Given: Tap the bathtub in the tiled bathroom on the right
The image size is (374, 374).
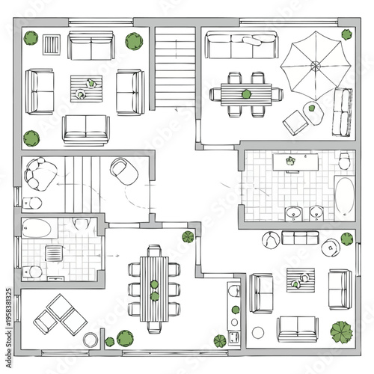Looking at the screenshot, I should [x=343, y=196].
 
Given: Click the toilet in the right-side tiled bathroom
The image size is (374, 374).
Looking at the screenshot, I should [x=343, y=160].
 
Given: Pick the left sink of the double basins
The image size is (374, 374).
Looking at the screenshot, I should [x=293, y=215].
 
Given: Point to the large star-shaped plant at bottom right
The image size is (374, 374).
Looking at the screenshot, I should [x=341, y=331].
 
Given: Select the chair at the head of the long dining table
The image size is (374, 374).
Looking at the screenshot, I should [x=154, y=251].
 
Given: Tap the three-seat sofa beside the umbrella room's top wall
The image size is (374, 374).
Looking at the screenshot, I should [x=230, y=46].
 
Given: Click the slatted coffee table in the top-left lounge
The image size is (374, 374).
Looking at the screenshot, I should [x=85, y=88].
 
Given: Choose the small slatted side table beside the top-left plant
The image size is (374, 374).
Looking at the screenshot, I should [x=52, y=46].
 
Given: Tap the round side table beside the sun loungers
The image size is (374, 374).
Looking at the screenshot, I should [x=91, y=340].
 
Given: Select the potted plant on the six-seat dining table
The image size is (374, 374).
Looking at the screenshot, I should [x=246, y=93].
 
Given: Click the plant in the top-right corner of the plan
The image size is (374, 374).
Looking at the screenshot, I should [x=346, y=34].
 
